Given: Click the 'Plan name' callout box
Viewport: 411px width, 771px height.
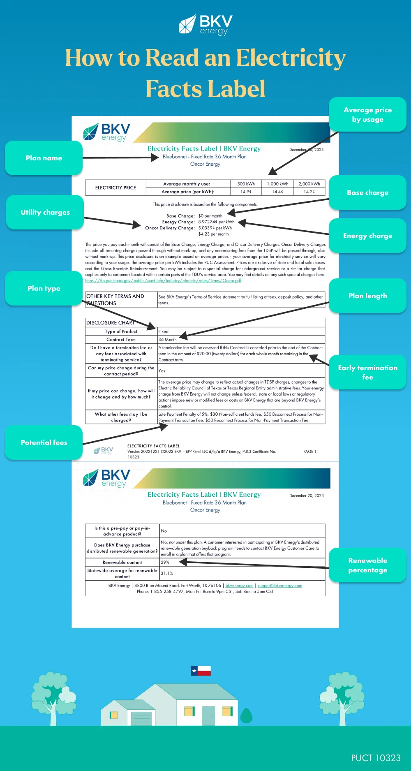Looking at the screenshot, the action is coord(44,158).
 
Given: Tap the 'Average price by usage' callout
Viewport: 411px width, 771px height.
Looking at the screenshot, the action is coord(367,114).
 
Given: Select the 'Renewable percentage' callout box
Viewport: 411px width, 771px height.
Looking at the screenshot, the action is coord(367,565).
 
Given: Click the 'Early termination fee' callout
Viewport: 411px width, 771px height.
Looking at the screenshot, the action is coord(367,372).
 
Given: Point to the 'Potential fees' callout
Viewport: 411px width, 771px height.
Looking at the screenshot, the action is coord(44,442).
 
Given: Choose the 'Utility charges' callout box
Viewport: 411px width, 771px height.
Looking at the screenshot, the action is coord(45,212).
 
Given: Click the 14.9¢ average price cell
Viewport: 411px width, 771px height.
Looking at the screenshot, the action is coord(246,192).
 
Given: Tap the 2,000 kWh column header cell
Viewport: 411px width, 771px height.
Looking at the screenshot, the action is coord(309,184).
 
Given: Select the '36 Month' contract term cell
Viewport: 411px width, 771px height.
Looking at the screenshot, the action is coord(167,340).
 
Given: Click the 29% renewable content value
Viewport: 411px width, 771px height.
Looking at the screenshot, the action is coord(165,562).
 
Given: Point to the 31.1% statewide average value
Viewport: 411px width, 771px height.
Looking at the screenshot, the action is coord(167,573).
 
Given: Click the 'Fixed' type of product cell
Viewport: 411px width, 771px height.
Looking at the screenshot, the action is coord(163,331).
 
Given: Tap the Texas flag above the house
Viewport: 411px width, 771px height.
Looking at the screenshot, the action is coord(201,671).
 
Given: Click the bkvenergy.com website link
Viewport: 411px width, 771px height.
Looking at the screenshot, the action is coord(239,586).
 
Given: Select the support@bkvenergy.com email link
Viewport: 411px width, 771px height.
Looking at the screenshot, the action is coord(280,586).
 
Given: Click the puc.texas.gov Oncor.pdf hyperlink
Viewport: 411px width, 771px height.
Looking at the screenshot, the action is coord(163,281).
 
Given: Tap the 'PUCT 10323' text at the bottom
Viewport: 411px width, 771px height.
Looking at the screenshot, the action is coord(376,758).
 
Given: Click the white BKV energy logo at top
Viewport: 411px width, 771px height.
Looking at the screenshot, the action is coord(205,25).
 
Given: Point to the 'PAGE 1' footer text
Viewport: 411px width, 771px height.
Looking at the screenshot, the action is coord(310,451).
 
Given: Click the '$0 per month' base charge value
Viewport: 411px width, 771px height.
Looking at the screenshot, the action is coord(210,216).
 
